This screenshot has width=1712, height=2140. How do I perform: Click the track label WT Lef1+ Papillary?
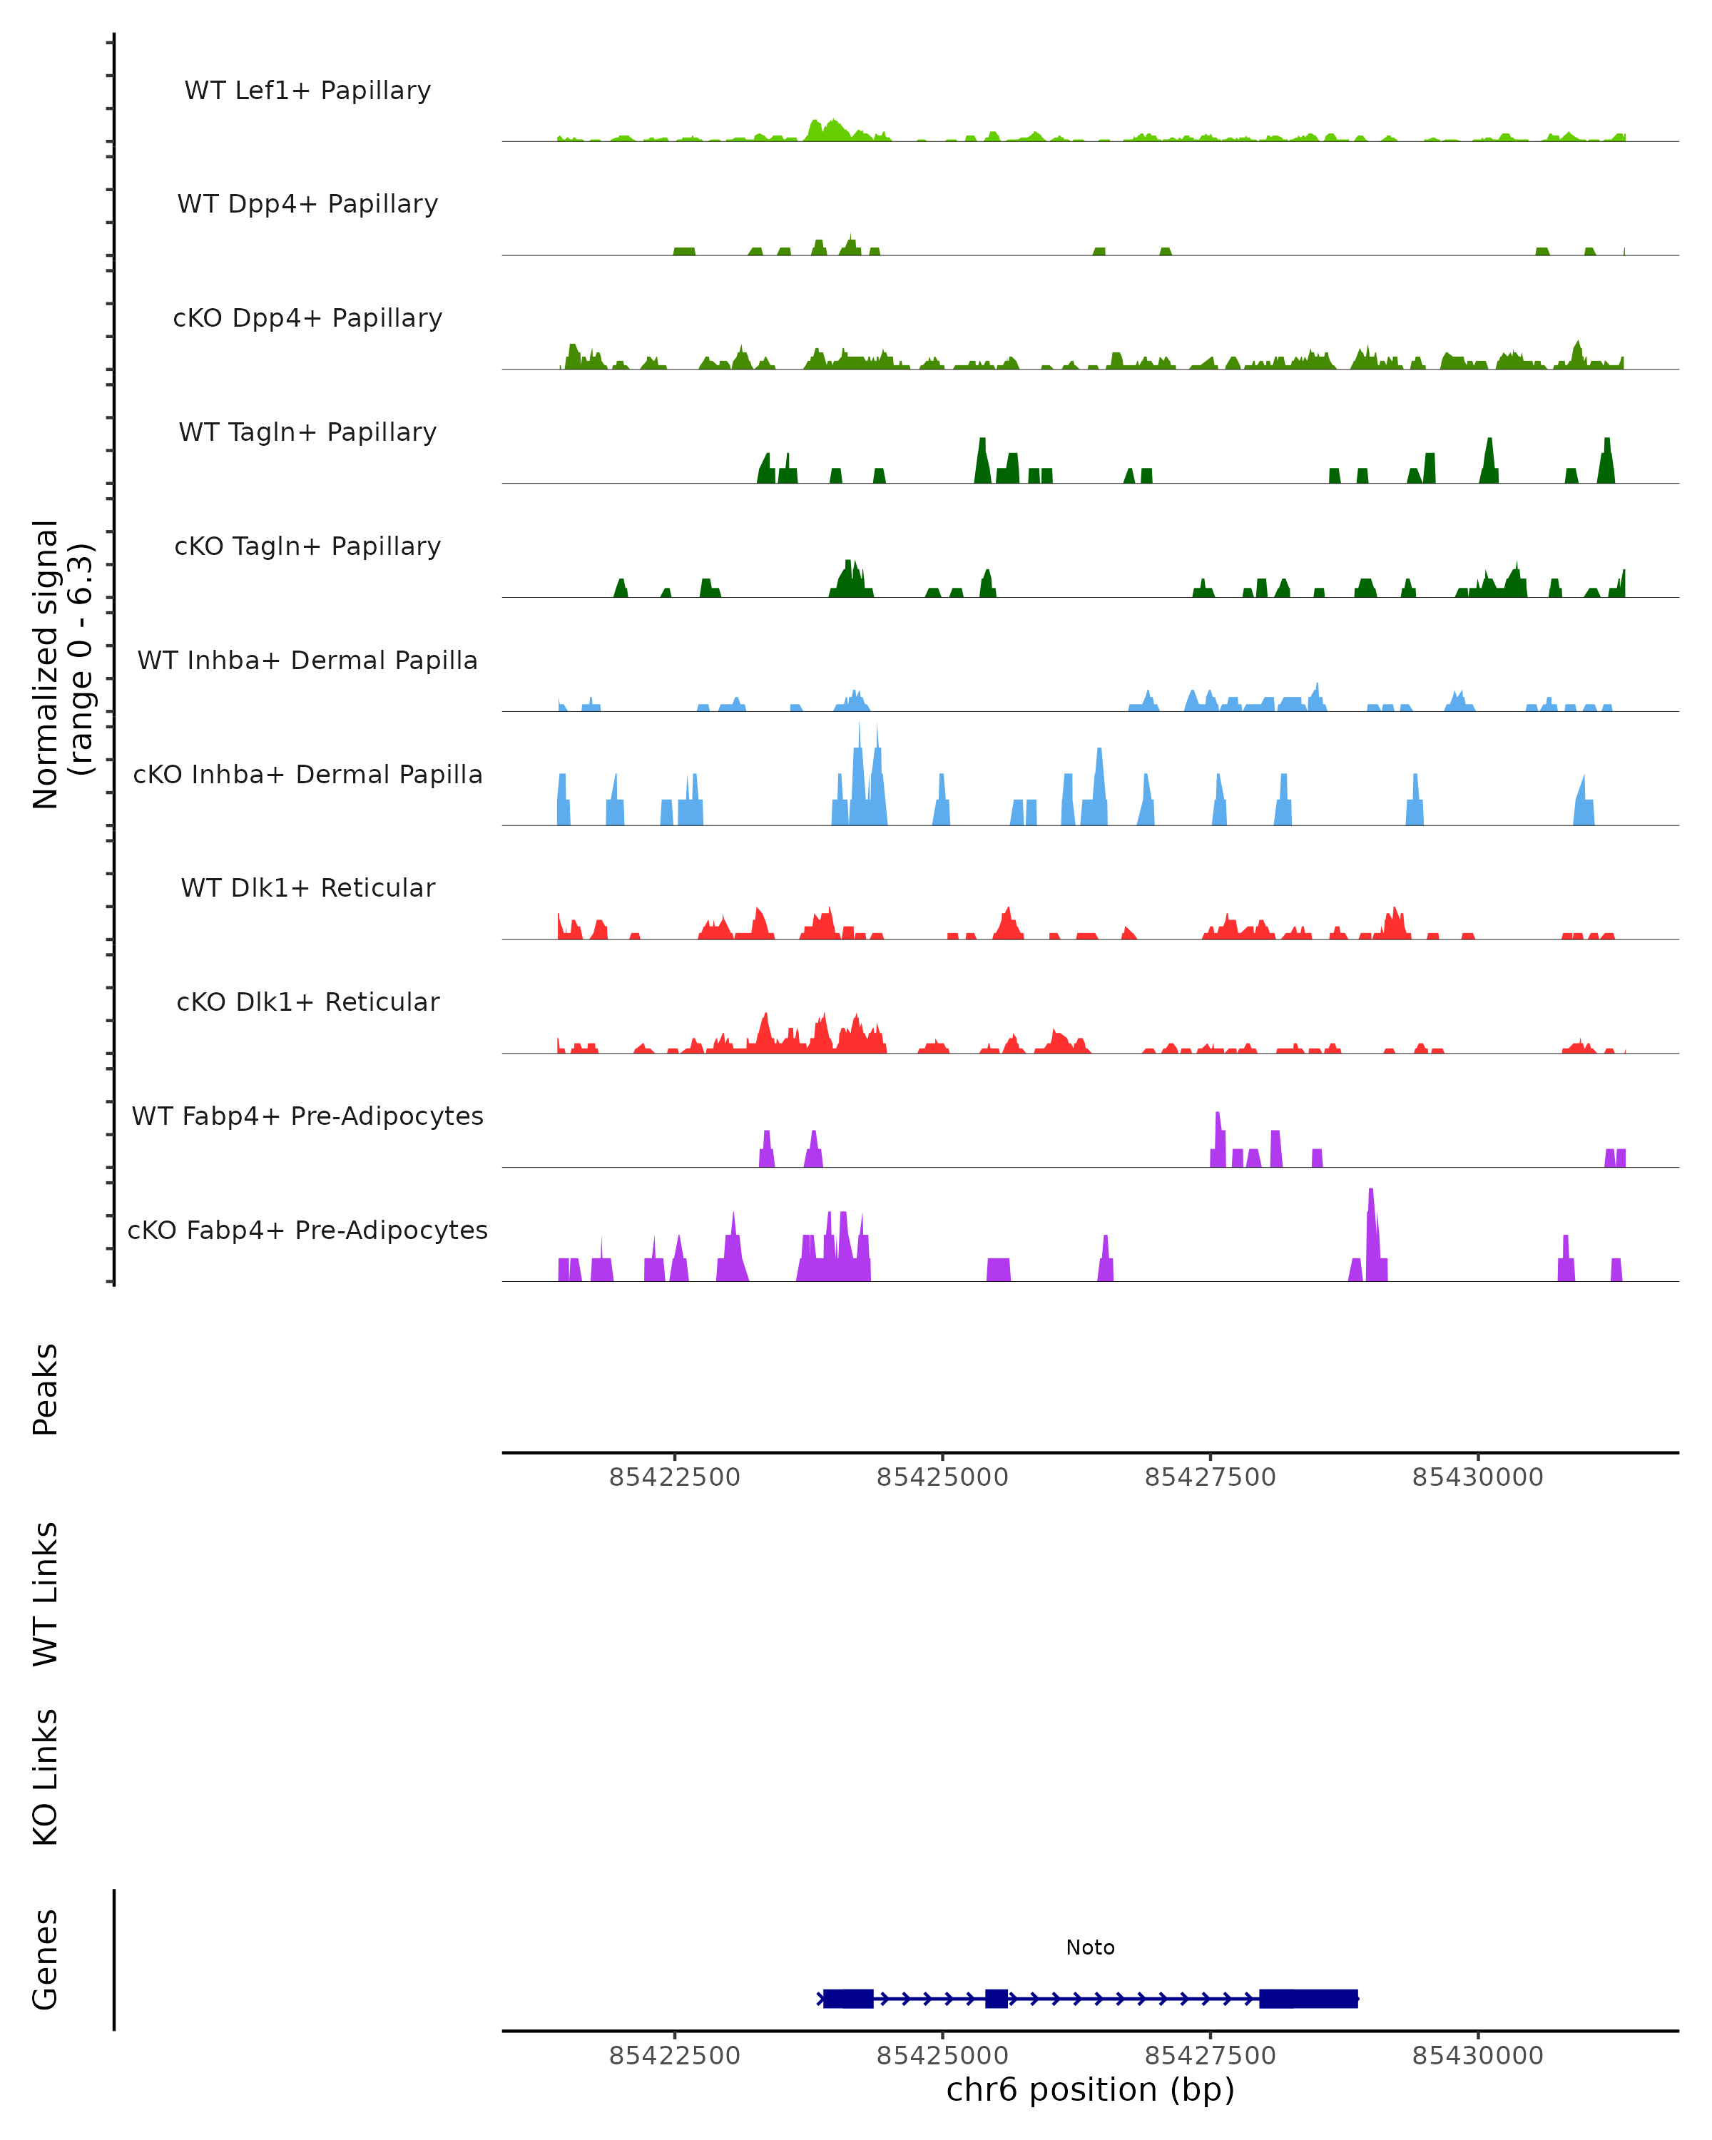tap(307, 91)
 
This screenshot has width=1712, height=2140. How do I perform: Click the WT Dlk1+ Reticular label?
tap(307, 887)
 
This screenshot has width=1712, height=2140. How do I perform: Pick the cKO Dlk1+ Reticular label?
tap(307, 1002)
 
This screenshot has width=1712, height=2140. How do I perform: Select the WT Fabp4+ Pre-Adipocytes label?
tap(307, 1116)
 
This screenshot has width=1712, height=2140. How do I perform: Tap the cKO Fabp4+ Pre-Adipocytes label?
tap(307, 1230)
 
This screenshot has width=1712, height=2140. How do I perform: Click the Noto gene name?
tap(1090, 1947)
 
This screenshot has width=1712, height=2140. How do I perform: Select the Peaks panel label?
tap(46, 1390)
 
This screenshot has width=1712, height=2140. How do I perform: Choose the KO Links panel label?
tap(46, 1777)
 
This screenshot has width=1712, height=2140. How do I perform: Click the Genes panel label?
tap(46, 1960)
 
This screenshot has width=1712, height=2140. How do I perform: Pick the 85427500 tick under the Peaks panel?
tap(1210, 1477)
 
